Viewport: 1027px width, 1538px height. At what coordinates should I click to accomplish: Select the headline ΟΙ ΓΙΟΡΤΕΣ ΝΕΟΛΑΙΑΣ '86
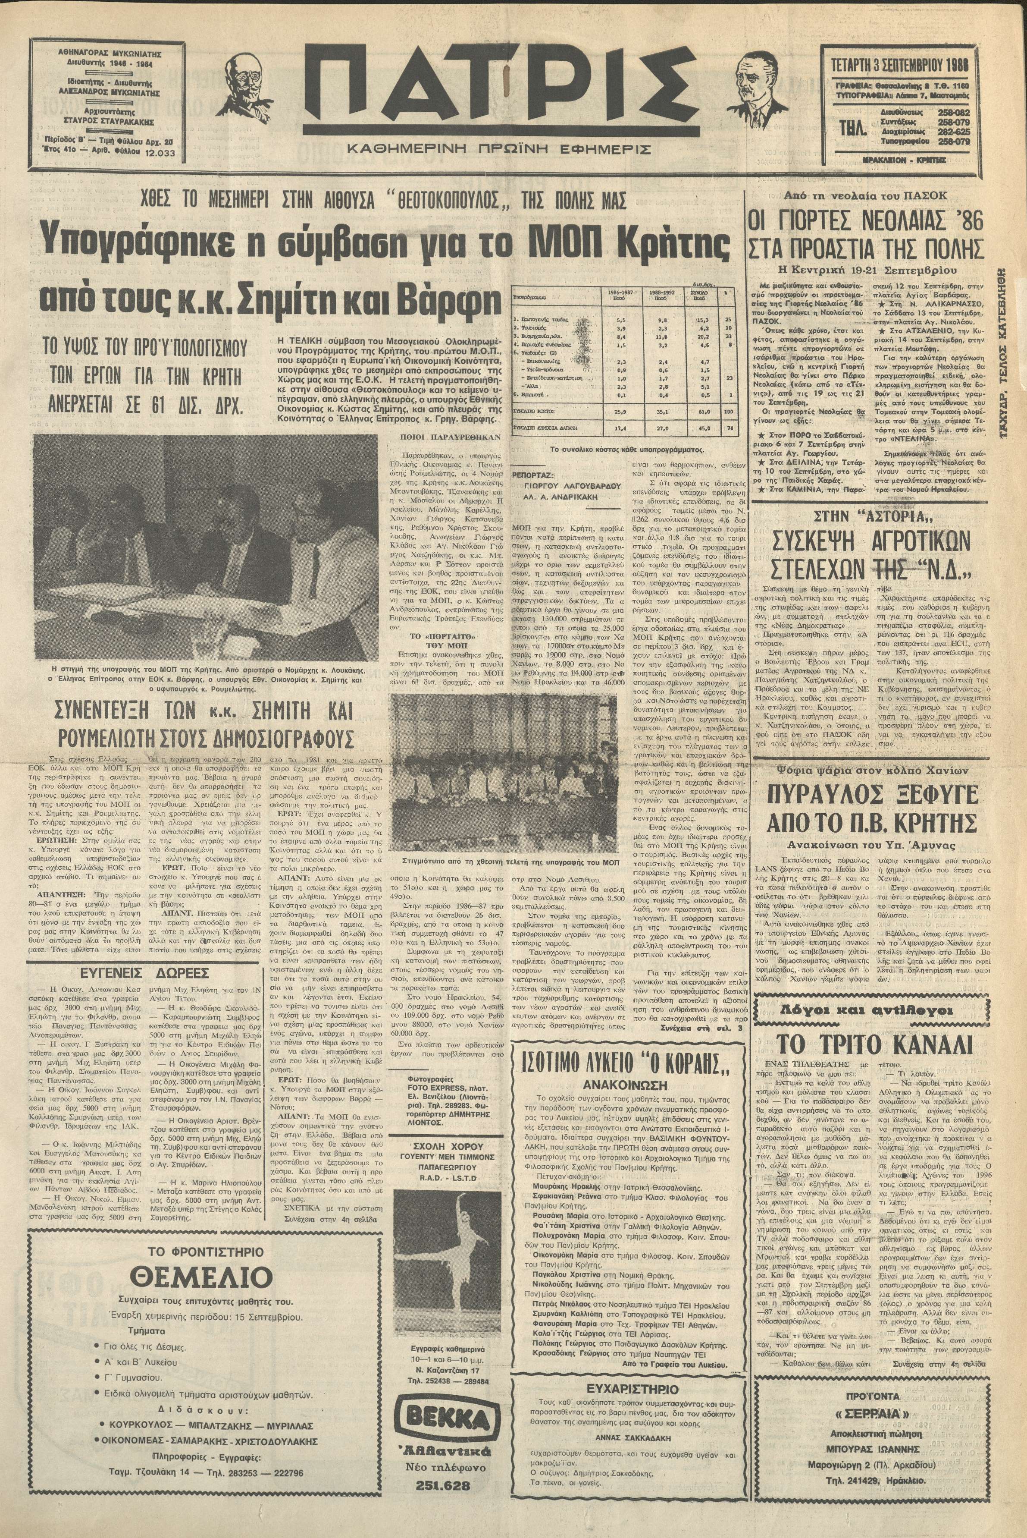click(x=867, y=225)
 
